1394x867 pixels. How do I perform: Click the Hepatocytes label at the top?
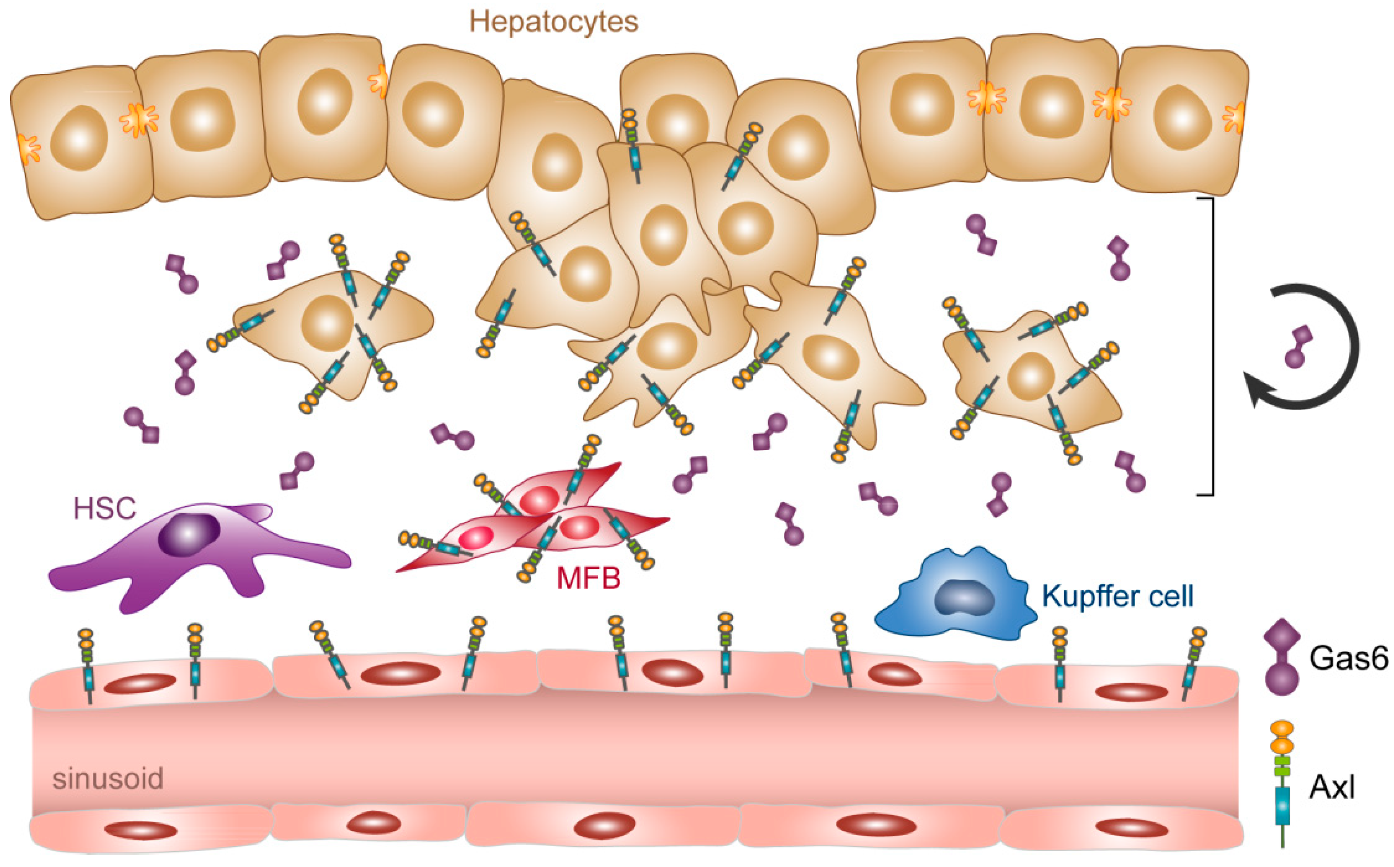click(x=553, y=22)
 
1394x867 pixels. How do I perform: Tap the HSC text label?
click(x=105, y=508)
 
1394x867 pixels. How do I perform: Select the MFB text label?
click(x=589, y=578)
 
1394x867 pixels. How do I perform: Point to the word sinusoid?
click(x=108, y=779)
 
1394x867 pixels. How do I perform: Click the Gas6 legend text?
click(x=1348, y=658)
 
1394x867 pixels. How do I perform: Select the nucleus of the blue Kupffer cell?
click(x=964, y=598)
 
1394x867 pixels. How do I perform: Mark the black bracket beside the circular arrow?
click(x=1212, y=346)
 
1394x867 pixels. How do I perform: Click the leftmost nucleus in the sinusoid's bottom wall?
click(x=140, y=830)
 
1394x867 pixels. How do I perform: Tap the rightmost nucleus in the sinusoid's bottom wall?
click(x=1132, y=828)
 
